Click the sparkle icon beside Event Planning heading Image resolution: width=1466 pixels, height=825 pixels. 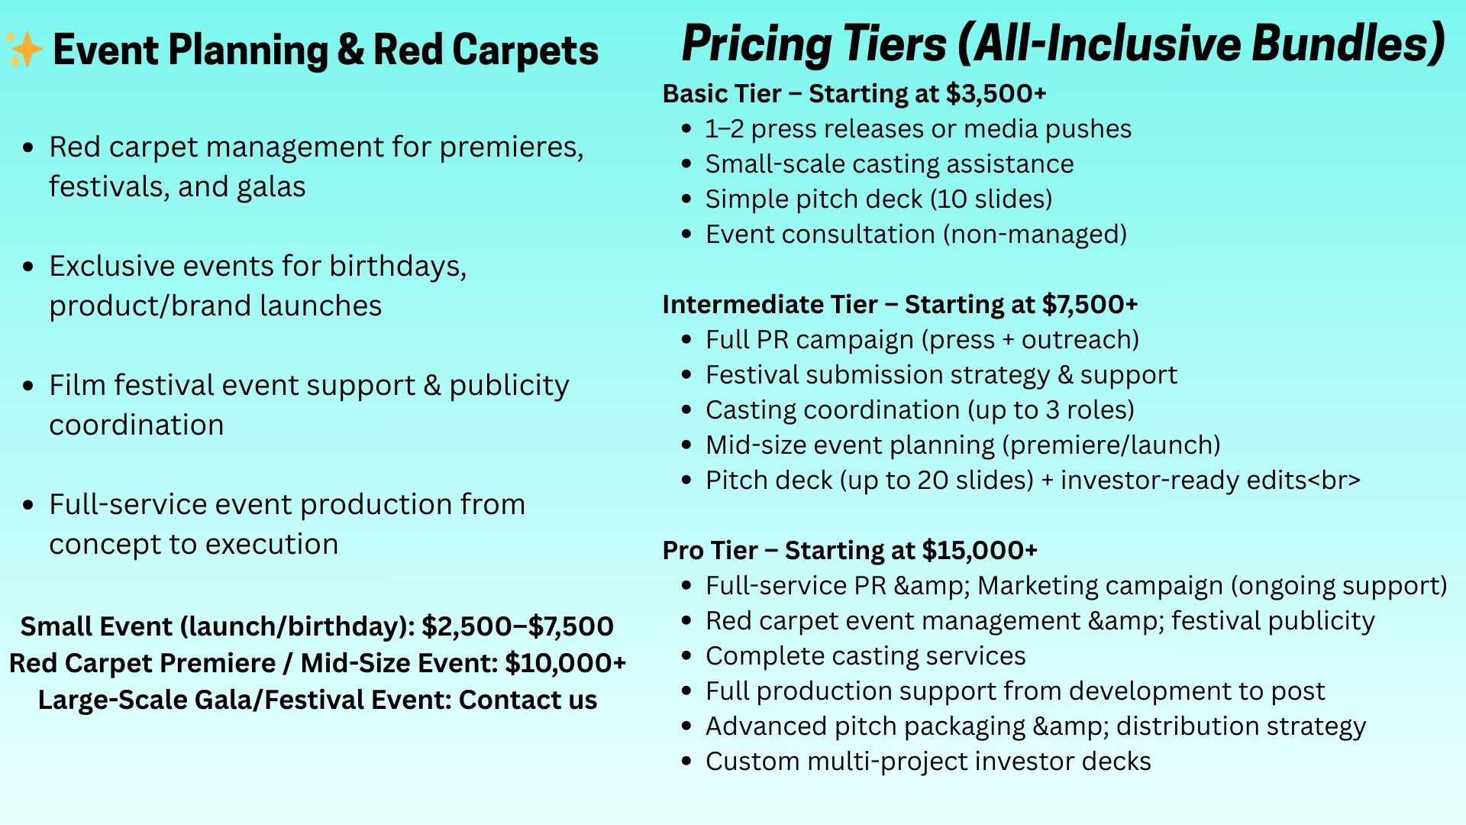[24, 50]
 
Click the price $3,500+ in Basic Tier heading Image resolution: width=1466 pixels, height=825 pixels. [996, 94]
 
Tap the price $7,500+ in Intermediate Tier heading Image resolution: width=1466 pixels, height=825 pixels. [1090, 305]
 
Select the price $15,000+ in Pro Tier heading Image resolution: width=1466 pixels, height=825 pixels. [980, 551]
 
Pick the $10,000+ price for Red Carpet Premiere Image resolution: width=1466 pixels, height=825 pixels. [566, 663]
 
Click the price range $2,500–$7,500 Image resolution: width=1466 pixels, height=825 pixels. [518, 626]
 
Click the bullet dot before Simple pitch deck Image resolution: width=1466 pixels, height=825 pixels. [687, 199]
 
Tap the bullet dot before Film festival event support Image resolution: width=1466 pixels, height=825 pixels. [28, 386]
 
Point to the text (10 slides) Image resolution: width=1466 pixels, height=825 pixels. [991, 199]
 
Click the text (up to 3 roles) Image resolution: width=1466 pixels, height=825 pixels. [1051, 410]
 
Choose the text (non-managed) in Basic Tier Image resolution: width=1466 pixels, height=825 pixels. [1035, 235]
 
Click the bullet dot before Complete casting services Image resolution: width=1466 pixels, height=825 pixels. [687, 656]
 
